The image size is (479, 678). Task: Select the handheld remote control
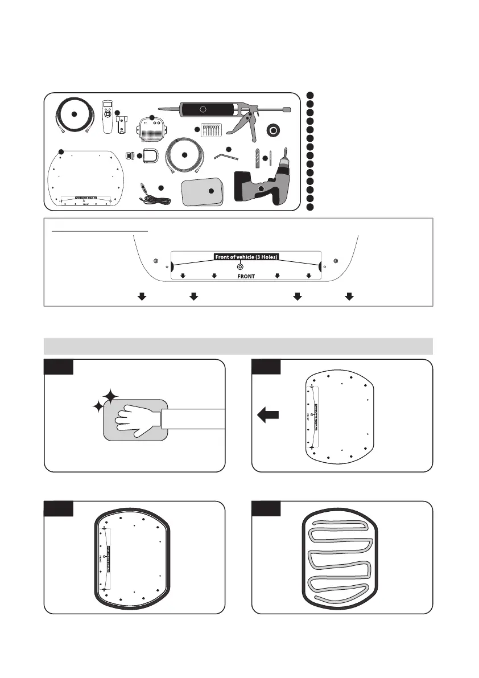[106, 116]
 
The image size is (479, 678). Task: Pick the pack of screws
[210, 130]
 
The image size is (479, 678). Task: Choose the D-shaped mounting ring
[150, 155]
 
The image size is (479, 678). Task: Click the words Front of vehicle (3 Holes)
[246, 257]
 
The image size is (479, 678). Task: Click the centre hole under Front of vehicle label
[240, 266]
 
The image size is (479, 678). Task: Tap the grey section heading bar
[238, 346]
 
